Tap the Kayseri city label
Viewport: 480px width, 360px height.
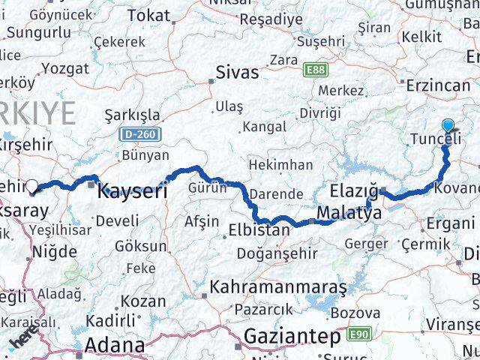(131, 191)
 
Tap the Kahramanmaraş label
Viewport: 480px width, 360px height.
(277, 286)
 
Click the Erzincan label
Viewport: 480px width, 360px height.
(438, 85)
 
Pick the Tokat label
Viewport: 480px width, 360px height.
(148, 15)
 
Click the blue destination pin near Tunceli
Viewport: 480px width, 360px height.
(448, 127)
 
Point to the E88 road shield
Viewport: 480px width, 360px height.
(316, 70)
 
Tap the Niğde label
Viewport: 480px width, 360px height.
(52, 251)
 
